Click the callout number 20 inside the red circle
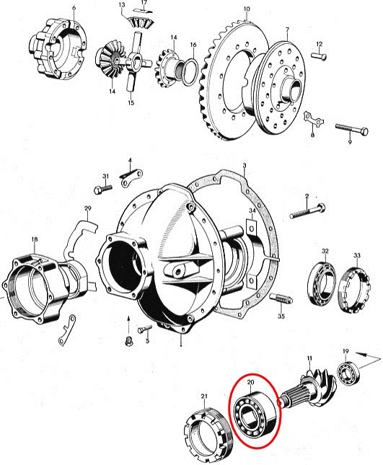[251, 382]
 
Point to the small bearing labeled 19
[348, 373]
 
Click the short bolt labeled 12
[319, 56]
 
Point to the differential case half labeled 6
[57, 48]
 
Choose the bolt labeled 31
[103, 188]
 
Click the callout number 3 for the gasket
[245, 166]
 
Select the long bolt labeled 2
[307, 211]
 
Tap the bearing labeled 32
[321, 283]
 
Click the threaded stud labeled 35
[281, 298]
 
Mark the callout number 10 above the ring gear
[247, 9]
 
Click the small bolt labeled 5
[145, 329]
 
